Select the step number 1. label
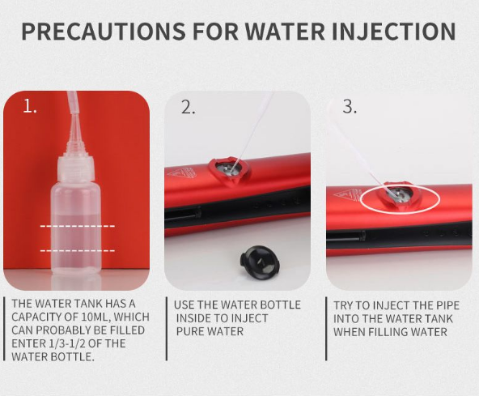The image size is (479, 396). click(x=30, y=107)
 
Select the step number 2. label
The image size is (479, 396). click(x=188, y=107)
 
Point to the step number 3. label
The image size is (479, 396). click(x=350, y=107)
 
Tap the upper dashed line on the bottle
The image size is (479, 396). click(x=78, y=226)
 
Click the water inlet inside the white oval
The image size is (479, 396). click(x=396, y=194)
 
